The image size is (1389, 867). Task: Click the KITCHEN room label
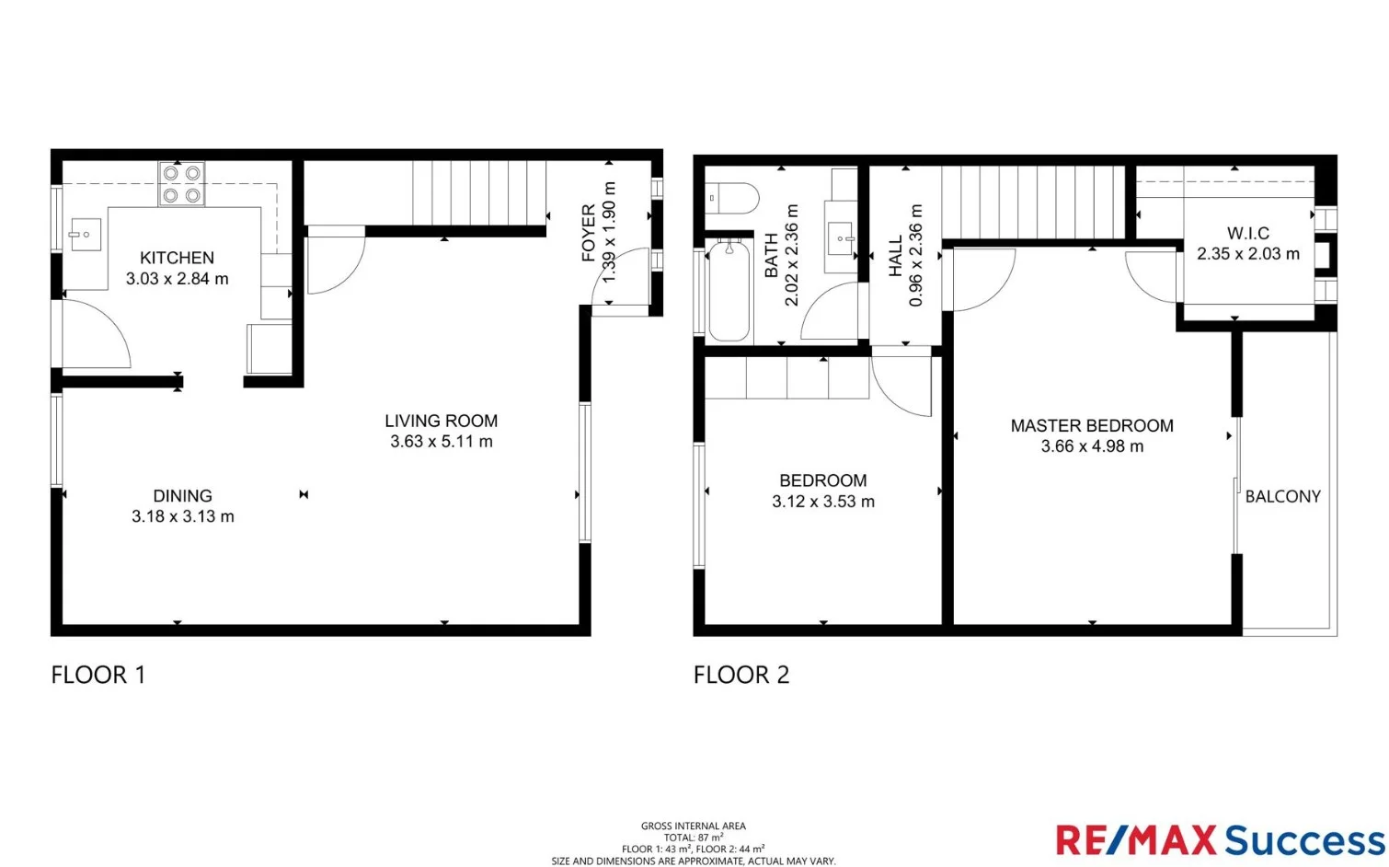177,258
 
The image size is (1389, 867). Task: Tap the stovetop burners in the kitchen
181,183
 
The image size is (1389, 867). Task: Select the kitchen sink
85,235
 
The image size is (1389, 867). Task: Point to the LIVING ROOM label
441,421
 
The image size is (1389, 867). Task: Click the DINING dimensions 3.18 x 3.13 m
182,516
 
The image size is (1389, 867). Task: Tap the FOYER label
589,233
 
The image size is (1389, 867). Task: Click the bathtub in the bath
729,291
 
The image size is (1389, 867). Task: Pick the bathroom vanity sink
842,239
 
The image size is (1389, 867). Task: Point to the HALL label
896,256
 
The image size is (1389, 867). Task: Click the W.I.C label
1247,233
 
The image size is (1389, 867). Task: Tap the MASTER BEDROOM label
1092,425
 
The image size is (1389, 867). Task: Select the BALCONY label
1282,496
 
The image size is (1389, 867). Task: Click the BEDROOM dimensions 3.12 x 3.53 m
822,502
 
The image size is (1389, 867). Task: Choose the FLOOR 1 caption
98,675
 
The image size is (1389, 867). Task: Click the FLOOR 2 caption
741,675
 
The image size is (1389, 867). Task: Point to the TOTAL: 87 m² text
694,838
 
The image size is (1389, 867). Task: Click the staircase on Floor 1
478,192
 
